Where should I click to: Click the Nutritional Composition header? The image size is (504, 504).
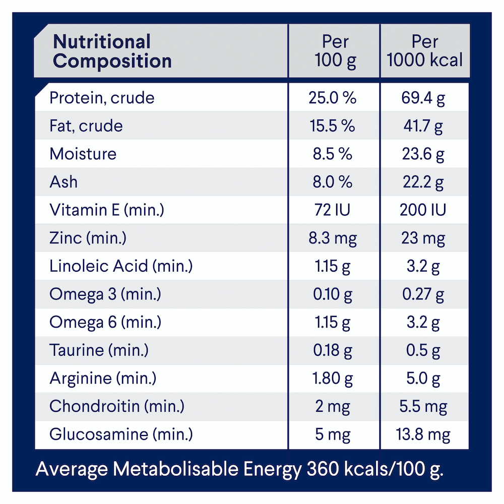[112, 51]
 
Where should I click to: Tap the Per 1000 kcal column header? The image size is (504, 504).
[424, 51]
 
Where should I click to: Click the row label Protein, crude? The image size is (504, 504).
[101, 98]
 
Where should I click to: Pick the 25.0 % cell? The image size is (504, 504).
[332, 98]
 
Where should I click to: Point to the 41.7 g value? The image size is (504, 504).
[424, 126]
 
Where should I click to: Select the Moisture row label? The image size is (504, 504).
[83, 154]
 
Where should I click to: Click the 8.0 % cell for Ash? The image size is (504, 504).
[332, 182]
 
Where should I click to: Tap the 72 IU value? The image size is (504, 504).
[332, 210]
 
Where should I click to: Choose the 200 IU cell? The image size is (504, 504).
[424, 210]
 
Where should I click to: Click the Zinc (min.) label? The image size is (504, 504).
[88, 238]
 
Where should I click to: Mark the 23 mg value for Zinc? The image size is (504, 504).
[424, 238]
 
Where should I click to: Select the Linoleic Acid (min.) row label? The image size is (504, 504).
[121, 266]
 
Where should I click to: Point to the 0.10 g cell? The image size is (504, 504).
[332, 294]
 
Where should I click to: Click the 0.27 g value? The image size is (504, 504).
[424, 294]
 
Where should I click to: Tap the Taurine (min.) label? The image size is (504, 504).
[99, 350]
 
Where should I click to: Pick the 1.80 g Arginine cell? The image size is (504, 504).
[332, 378]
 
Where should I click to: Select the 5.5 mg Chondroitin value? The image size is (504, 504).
[424, 406]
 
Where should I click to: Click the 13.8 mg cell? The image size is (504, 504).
[424, 434]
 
